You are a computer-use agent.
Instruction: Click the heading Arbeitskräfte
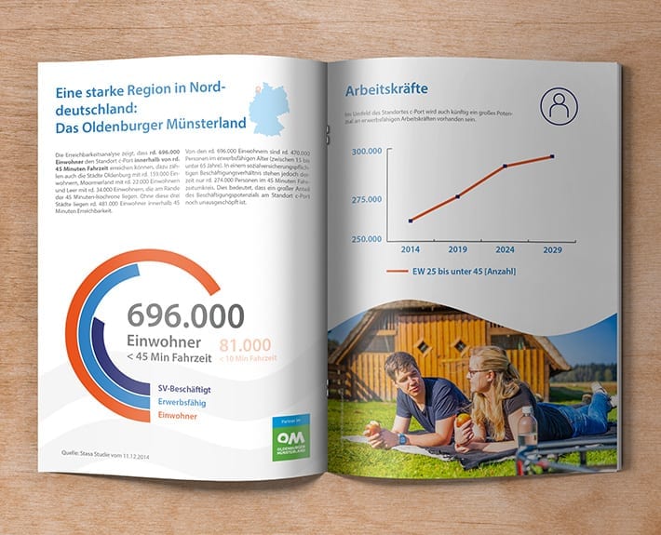coord(385,91)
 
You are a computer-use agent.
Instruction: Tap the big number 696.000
coord(185,316)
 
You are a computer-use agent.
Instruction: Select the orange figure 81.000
coord(246,346)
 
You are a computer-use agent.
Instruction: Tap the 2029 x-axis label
coord(552,250)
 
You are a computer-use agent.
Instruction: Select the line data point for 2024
coord(506,167)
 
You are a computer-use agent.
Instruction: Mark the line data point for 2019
coord(458,196)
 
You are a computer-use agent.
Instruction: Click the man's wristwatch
coord(402,437)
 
